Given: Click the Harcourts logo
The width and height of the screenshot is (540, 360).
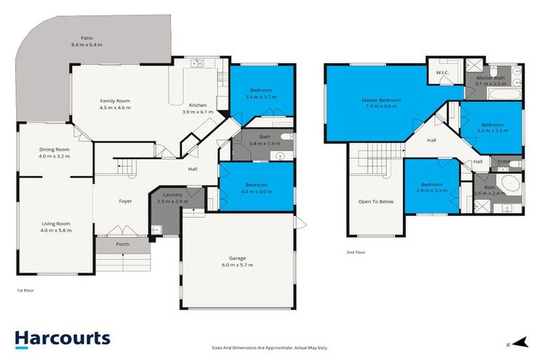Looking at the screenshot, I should tap(62, 339).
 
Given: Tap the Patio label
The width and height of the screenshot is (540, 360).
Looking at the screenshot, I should tap(86, 38).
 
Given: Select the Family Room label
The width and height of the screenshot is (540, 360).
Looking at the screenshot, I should tap(115, 101).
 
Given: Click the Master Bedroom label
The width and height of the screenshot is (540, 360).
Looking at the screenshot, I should tap(381, 101).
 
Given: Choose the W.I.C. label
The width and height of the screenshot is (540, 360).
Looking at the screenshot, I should tap(442, 72).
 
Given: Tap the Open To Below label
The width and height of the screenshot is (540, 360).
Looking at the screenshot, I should tap(376, 201).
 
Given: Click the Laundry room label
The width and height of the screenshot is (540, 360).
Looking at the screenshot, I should tap(172, 194).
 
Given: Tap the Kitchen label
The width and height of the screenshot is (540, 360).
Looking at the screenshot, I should tap(198, 105).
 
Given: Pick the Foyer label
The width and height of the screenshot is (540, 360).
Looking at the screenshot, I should tap(125, 201).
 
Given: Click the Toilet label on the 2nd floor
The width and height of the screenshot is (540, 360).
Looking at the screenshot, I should tap(503, 162).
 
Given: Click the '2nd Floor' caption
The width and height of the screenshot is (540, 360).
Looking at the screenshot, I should tap(356, 252).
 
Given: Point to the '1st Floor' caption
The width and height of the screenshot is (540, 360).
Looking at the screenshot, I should tap(25, 290).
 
